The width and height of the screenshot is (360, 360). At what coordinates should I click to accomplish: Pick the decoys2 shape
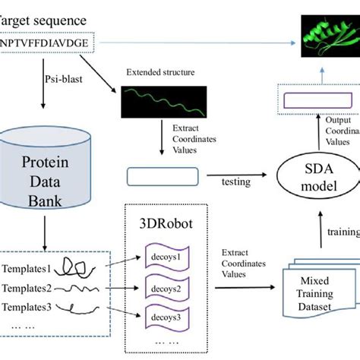[x=169, y=289]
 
